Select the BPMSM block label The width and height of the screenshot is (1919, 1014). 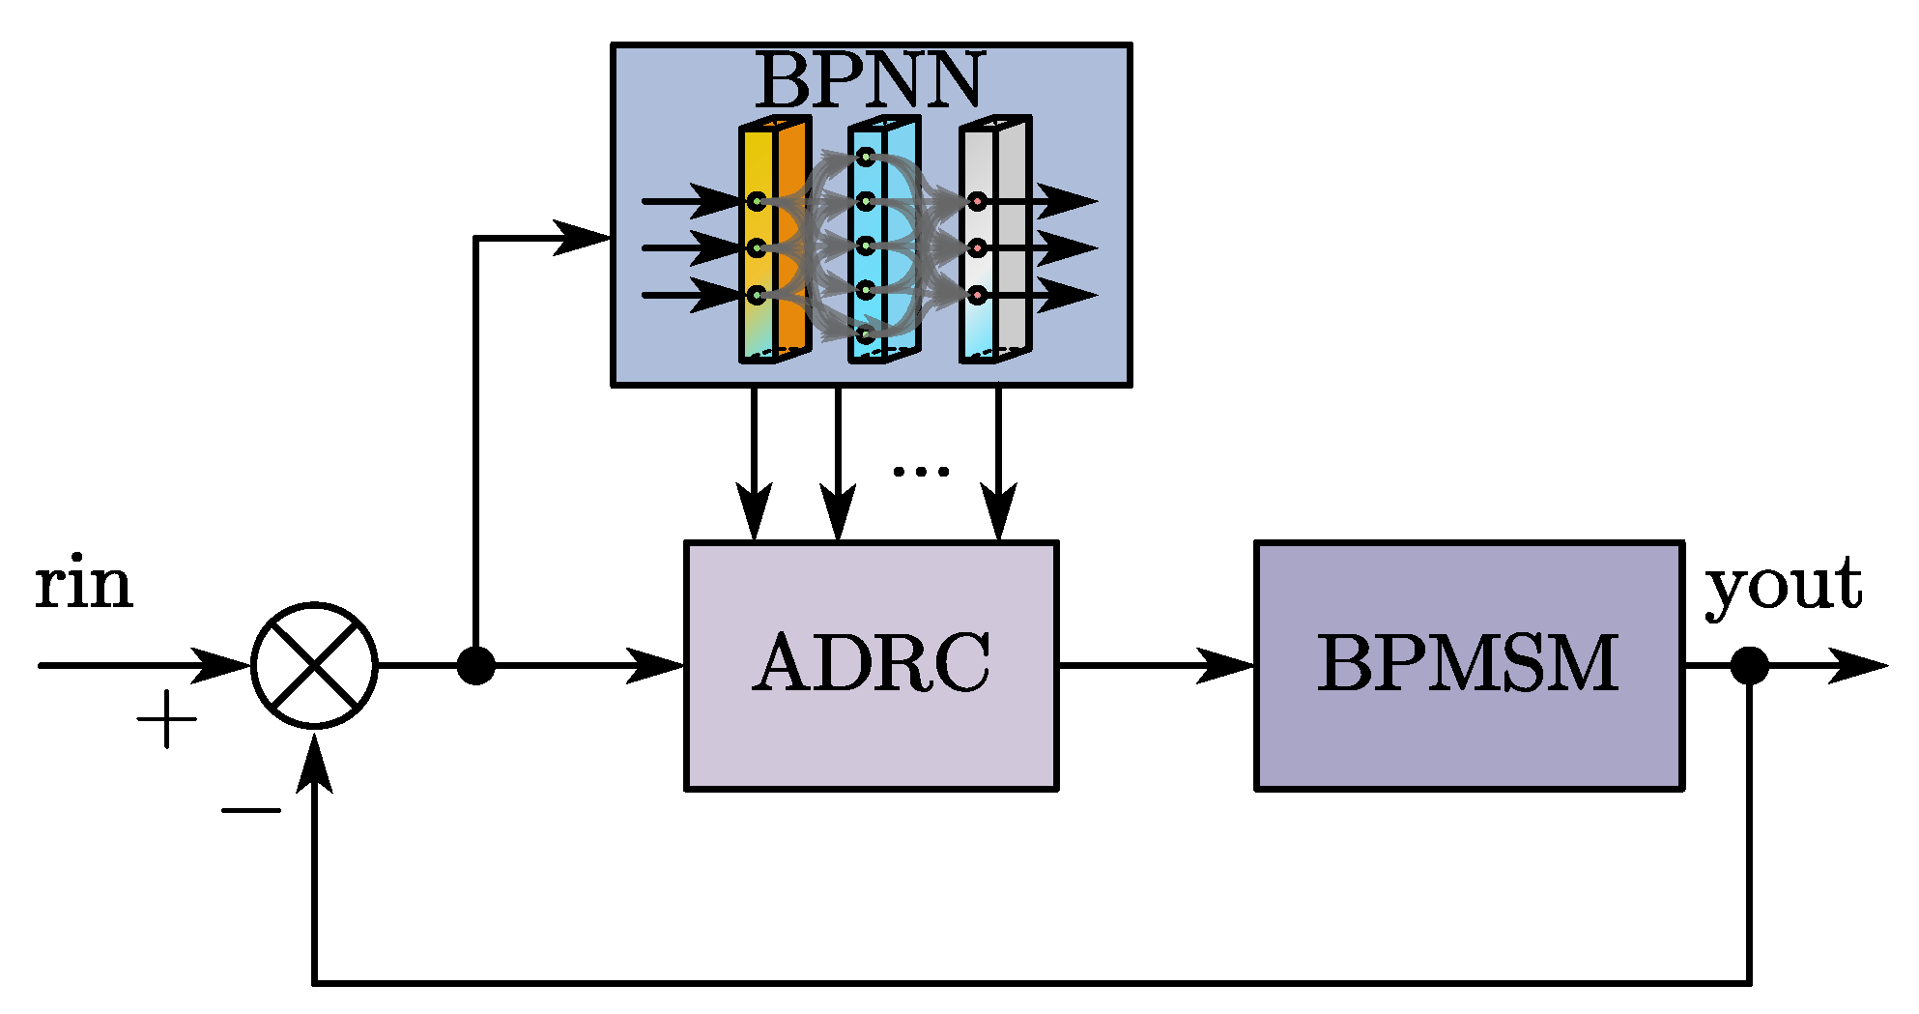click(x=1468, y=664)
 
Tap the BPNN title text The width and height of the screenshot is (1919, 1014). click(x=869, y=80)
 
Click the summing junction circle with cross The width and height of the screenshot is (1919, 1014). click(x=315, y=665)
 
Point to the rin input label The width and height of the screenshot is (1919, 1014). click(x=83, y=585)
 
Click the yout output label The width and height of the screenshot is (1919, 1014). click(x=1784, y=586)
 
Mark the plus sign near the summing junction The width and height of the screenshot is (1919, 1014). click(x=166, y=719)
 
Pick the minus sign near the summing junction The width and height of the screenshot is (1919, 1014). click(x=250, y=810)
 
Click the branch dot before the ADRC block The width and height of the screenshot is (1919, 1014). click(x=475, y=665)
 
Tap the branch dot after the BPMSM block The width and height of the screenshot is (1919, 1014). click(x=1749, y=665)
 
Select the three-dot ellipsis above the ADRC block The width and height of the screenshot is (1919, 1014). click(x=921, y=471)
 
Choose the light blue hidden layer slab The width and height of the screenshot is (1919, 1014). click(x=885, y=242)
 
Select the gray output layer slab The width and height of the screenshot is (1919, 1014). click(x=995, y=242)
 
